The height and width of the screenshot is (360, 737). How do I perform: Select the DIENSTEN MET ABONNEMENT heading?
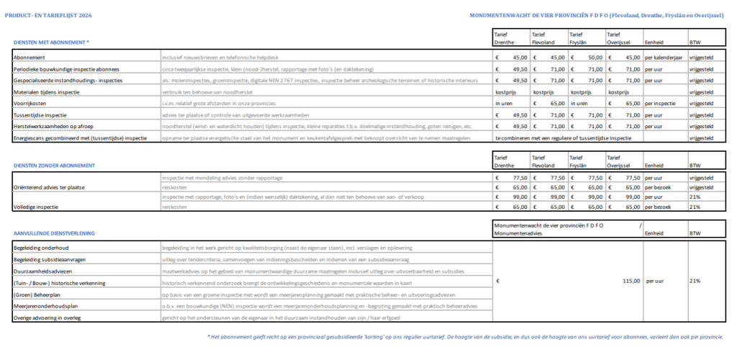[x=52, y=42]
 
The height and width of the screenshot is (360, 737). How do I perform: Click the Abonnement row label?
[x=31, y=57]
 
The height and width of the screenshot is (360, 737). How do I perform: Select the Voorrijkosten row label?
[x=31, y=103]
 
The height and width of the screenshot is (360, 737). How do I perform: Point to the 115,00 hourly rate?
[x=631, y=281]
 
